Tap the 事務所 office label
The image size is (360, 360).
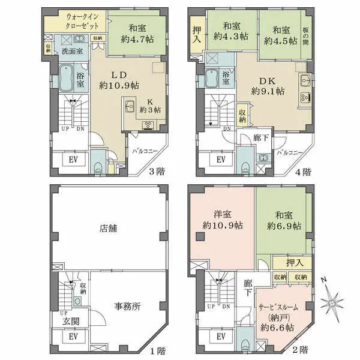(x=127, y=306)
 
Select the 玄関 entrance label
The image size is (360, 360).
(x=71, y=322)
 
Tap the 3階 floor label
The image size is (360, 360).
(x=157, y=172)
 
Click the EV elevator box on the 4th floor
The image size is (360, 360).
(x=220, y=160)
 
